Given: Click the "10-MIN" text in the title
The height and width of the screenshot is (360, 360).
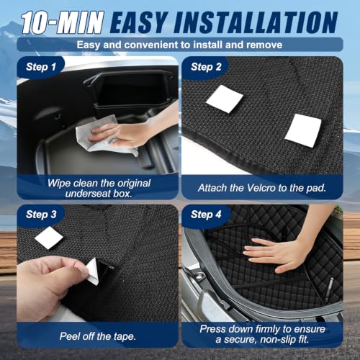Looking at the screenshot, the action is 63,22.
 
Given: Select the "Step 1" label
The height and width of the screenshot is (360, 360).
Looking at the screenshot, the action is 41,67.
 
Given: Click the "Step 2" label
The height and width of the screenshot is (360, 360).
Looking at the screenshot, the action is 206,67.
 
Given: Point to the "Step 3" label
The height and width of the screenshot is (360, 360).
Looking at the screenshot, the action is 41,215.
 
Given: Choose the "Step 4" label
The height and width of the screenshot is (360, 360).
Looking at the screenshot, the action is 206,215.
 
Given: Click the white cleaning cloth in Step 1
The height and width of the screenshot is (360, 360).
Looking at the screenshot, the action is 101,135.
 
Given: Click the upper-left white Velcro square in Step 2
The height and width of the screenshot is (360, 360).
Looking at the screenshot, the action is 225,99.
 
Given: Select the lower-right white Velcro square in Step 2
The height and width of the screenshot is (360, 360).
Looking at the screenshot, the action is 303,131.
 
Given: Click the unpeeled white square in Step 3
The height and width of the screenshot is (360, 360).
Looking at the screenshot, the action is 49,238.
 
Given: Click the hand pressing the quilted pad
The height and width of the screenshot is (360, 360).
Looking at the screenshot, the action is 274,254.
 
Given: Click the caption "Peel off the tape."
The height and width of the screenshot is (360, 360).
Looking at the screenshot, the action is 97,336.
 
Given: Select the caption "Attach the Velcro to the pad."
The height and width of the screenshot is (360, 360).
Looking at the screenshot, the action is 262,188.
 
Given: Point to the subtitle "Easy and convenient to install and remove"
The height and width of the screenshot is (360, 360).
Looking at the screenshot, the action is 179,45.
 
